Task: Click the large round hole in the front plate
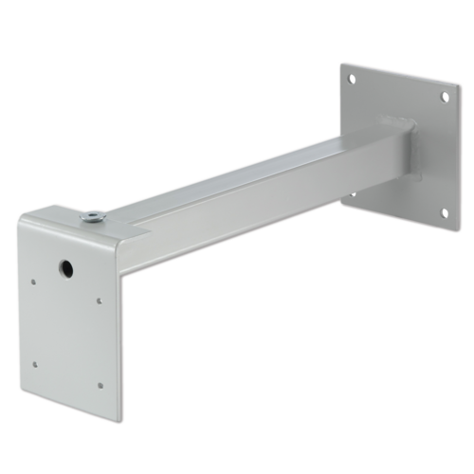[x=65, y=269]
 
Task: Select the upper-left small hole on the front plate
[x=34, y=280]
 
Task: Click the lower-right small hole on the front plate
[x=100, y=385]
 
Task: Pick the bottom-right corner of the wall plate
[x=449, y=234]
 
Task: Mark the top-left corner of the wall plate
[x=339, y=63]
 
